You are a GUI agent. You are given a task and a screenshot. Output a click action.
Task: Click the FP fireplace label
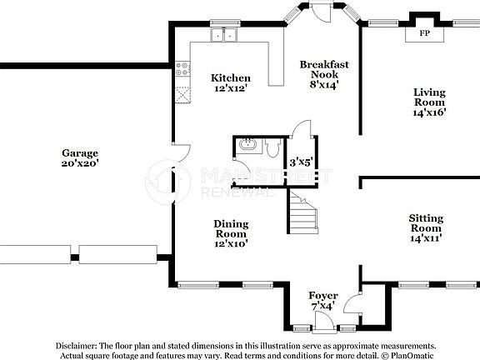click(424, 34)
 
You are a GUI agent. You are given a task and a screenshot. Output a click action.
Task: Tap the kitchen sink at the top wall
click(223, 36)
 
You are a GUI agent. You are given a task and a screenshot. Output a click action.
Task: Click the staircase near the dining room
click(303, 212)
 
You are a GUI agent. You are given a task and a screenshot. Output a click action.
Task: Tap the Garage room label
click(80, 152)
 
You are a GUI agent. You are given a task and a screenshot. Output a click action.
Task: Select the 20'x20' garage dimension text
click(80, 163)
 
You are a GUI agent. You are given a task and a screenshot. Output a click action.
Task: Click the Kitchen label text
click(230, 78)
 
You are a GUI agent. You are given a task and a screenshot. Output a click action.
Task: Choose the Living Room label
click(430, 97)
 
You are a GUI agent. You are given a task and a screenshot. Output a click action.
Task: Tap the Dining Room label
click(231, 228)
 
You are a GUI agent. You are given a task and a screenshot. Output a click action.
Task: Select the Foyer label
click(323, 296)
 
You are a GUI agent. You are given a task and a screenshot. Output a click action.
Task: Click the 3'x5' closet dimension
click(300, 162)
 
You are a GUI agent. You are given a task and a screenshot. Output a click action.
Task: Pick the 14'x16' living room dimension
click(430, 114)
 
